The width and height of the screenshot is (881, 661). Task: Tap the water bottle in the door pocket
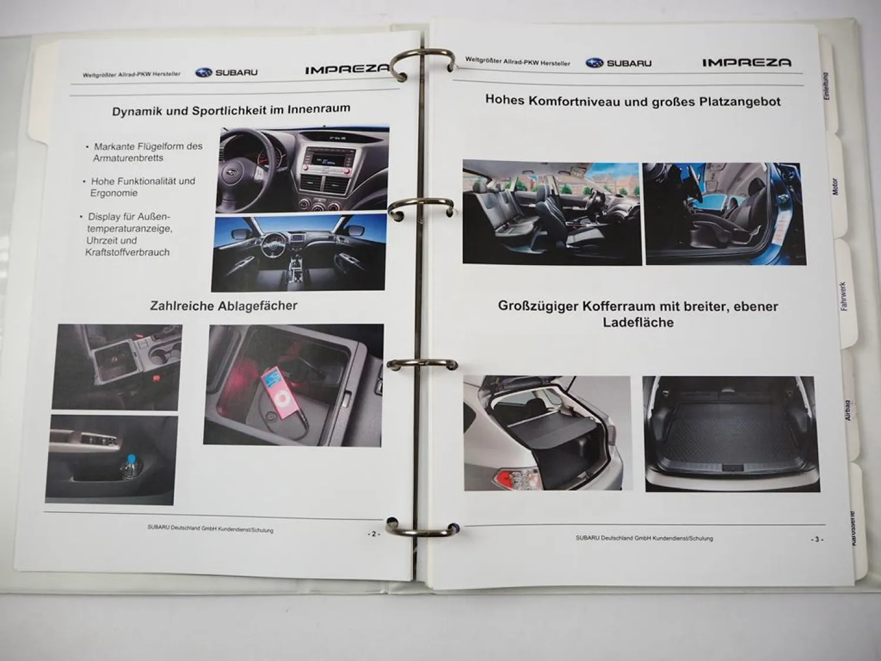click(x=129, y=468)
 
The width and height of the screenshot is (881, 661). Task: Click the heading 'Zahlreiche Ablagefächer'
click(x=224, y=306)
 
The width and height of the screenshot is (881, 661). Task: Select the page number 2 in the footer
click(x=374, y=534)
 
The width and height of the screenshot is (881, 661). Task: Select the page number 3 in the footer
click(x=816, y=539)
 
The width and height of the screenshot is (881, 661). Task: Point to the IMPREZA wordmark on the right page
click(x=747, y=62)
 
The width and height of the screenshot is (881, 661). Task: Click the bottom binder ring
click(x=422, y=527)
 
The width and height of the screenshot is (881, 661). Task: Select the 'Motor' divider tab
click(x=835, y=187)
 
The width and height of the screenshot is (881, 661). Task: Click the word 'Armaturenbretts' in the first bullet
click(x=128, y=158)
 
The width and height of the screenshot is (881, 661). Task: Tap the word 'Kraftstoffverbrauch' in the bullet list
click(x=127, y=252)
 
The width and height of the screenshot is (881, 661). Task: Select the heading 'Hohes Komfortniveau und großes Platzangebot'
click(x=633, y=101)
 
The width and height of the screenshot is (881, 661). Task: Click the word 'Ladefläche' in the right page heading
click(x=638, y=322)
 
